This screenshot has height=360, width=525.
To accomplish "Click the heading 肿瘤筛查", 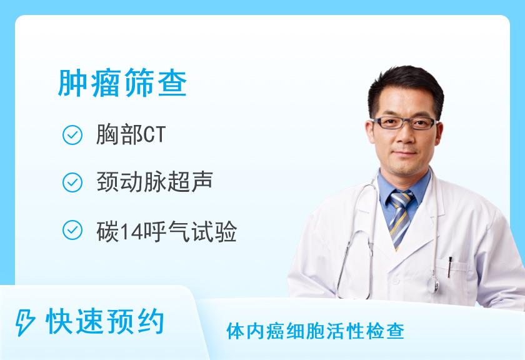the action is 122,82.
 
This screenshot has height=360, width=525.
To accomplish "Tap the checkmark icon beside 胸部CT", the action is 72,135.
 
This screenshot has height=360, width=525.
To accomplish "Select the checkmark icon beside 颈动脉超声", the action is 72,182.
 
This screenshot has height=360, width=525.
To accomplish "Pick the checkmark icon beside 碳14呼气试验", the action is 72,230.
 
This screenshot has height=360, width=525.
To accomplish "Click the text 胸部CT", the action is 131,134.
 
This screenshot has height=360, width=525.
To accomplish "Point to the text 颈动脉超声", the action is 155,182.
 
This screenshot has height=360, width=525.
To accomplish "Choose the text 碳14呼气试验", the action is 167,231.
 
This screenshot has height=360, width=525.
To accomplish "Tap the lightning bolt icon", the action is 25,322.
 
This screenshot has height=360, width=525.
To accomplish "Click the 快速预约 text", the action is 105,322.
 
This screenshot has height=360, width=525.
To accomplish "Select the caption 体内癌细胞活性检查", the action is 316,331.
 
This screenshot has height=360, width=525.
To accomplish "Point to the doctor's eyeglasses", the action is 405,123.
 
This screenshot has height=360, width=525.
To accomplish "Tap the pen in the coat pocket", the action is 449,267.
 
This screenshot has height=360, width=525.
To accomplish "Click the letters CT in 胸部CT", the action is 154,135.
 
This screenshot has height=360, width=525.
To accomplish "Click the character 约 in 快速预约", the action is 151,322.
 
